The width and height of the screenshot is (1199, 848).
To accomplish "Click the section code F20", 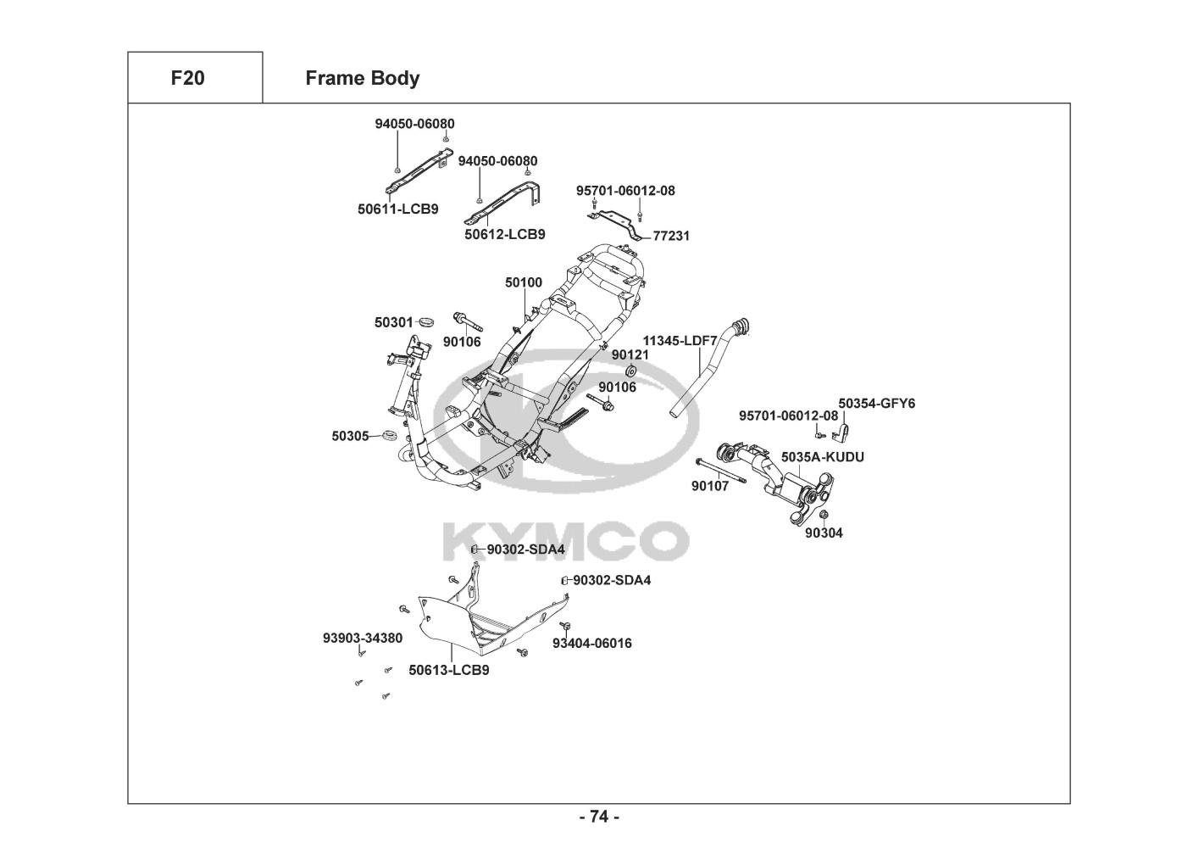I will (x=187, y=78).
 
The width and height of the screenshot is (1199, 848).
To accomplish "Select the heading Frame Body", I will (x=362, y=78).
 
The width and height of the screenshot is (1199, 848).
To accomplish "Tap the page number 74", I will (x=599, y=817).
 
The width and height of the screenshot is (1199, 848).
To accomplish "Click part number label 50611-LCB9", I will (x=397, y=209).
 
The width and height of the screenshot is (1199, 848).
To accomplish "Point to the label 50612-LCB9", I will (x=504, y=234).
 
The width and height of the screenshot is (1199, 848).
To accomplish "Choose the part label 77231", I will (x=671, y=236).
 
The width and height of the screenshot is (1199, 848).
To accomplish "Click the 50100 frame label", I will (x=524, y=282).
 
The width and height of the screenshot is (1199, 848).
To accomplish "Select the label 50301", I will (x=393, y=322).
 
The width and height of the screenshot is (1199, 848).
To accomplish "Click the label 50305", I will (x=350, y=436).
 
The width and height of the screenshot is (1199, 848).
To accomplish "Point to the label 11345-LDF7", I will (x=680, y=340).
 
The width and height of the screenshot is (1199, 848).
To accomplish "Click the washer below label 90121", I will (x=631, y=371).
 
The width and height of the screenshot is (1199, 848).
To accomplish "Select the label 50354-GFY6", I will (x=876, y=403).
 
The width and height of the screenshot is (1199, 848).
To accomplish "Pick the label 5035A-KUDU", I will (x=822, y=457).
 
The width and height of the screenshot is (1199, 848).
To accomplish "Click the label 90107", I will (x=709, y=486).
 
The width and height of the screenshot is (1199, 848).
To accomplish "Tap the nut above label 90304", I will (x=823, y=515).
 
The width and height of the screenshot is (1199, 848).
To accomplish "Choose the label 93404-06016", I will (x=591, y=643).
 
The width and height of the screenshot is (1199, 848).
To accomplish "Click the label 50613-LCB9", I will (x=448, y=670).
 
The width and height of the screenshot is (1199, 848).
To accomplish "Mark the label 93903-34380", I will (x=362, y=638).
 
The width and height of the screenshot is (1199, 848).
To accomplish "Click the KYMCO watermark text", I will (x=566, y=540).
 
